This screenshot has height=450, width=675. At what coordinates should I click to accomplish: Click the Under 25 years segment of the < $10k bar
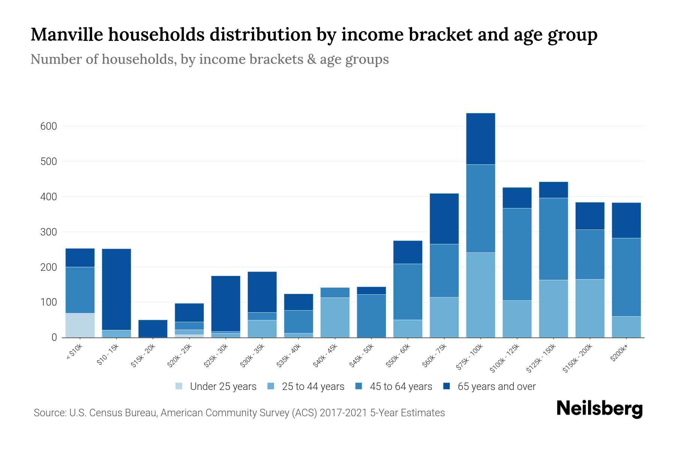point(80,325)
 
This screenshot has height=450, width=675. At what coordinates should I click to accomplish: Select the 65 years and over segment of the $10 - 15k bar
point(116,289)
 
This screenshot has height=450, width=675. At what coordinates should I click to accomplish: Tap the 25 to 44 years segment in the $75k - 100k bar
point(480,295)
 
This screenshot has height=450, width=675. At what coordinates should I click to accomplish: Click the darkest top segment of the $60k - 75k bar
point(444,219)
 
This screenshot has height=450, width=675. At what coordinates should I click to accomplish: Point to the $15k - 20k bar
point(153,328)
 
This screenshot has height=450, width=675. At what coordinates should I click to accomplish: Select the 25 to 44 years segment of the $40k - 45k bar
point(335,317)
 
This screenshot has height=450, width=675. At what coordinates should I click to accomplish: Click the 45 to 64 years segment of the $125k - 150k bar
point(553,239)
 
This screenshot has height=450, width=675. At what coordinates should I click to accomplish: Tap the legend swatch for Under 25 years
point(179,386)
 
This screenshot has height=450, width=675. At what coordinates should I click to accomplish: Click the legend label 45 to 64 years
point(400,386)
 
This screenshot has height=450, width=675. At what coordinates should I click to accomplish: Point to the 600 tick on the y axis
point(48,126)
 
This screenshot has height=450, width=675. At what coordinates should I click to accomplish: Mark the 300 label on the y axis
point(48,232)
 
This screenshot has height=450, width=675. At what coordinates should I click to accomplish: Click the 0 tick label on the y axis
point(54,337)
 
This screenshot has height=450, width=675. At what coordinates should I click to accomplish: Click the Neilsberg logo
point(599,409)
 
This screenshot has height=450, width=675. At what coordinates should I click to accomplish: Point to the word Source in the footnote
point(49,413)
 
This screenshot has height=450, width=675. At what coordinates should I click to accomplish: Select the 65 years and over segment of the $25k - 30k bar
point(226,303)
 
